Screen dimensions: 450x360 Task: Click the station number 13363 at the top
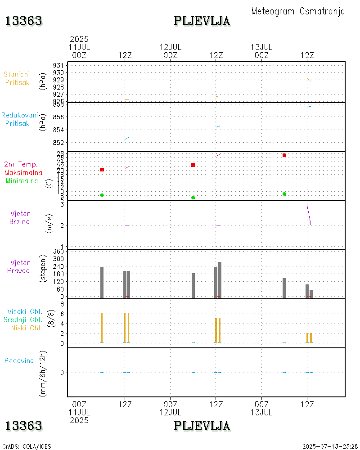(24, 21)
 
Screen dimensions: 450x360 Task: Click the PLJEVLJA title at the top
(202, 21)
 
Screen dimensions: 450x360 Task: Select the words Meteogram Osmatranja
(298, 12)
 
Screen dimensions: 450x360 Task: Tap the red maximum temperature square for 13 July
(284, 155)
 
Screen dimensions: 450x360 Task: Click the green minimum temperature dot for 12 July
(193, 198)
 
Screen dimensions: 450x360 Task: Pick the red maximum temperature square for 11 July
(102, 170)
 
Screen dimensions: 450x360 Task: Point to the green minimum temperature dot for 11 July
(102, 195)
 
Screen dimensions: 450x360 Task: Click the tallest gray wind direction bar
(220, 280)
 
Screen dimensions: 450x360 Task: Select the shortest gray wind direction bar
(311, 294)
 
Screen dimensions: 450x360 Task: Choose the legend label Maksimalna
(24, 173)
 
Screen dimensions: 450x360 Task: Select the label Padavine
(19, 360)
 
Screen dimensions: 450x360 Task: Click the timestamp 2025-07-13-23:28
(330, 446)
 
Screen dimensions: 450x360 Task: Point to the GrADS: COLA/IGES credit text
(27, 446)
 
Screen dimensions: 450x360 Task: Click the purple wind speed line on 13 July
(309, 215)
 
